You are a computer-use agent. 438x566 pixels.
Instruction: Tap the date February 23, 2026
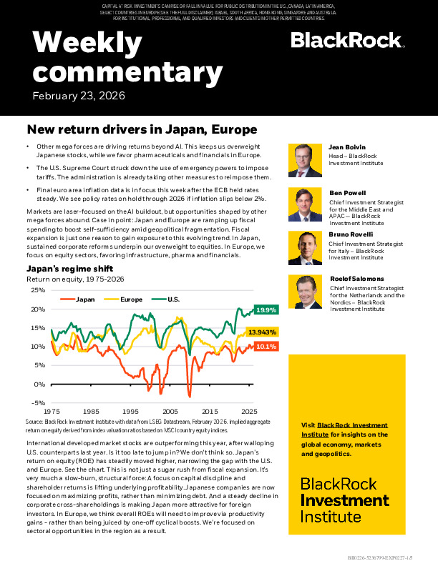[x=79, y=96]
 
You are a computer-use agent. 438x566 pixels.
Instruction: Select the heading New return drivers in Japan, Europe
[x=142, y=130]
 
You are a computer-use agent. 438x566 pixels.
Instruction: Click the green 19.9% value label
[x=266, y=310]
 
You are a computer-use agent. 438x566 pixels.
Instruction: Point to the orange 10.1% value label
[x=266, y=347]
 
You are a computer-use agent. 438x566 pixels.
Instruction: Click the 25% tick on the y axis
[x=39, y=291]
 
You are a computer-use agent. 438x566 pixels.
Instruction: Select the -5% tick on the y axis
[x=39, y=402]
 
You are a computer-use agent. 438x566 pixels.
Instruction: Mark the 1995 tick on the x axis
[x=130, y=412]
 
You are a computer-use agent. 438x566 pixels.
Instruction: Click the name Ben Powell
[x=348, y=193]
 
